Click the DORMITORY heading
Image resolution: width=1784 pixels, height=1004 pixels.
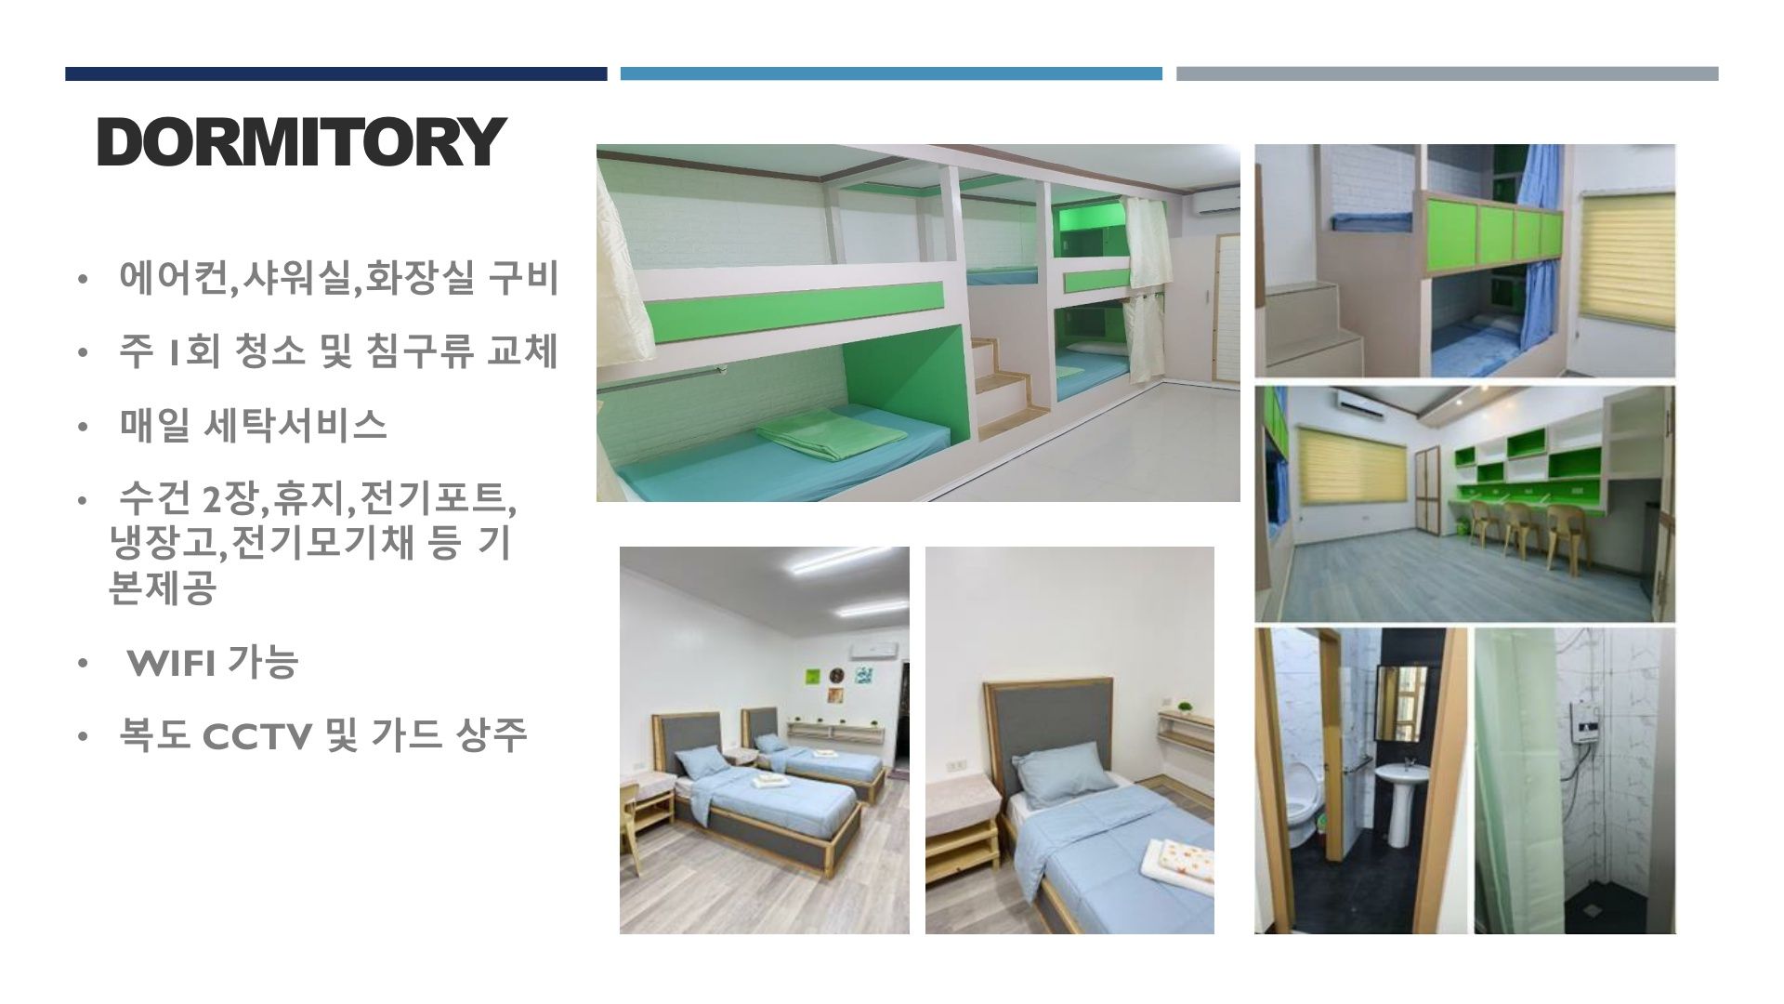click(x=300, y=142)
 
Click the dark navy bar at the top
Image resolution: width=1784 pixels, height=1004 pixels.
click(x=335, y=73)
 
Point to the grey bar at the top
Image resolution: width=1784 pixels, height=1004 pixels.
click(x=1447, y=73)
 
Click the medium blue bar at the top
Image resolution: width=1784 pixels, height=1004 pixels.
click(x=891, y=73)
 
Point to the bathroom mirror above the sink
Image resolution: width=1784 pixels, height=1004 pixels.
click(x=1401, y=703)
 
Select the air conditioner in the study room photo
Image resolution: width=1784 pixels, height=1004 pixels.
click(x=1371, y=402)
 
